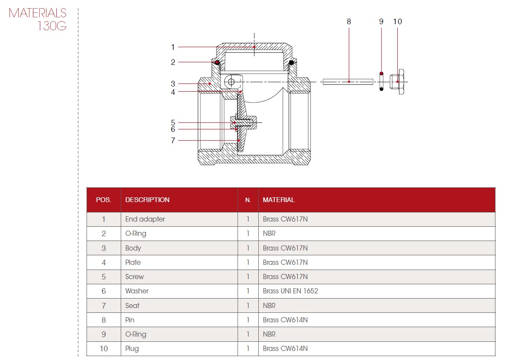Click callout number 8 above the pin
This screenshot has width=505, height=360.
tap(349, 22)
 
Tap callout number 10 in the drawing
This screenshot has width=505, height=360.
tap(397, 22)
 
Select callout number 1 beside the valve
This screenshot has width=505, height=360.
tap(173, 47)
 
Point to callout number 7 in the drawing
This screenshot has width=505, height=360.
tap(173, 140)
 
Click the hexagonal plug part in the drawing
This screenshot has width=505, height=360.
tap(397, 82)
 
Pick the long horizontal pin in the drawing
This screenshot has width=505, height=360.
tap(348, 82)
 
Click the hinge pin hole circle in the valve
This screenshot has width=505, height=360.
tap(231, 82)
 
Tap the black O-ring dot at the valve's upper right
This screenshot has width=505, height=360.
tap(292, 62)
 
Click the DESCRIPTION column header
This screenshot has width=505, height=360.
tap(147, 199)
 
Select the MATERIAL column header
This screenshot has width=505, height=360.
tap(279, 199)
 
